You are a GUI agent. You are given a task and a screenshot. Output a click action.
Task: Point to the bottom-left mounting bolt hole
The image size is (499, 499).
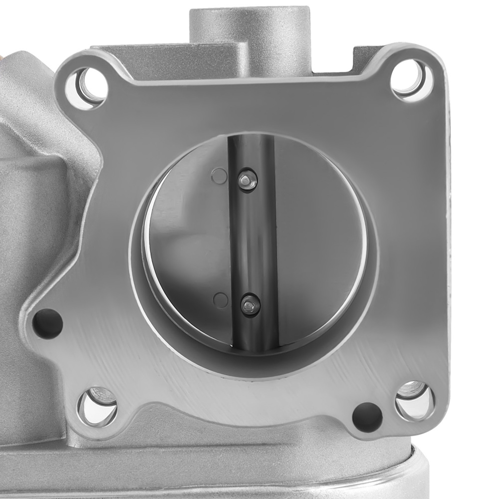tap(97, 405)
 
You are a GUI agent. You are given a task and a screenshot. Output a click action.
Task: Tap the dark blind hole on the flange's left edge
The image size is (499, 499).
tap(47, 323)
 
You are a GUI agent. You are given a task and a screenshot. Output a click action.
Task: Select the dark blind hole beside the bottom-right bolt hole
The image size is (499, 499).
tap(367, 416)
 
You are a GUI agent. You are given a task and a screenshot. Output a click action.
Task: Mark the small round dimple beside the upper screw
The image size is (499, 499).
tap(219, 176)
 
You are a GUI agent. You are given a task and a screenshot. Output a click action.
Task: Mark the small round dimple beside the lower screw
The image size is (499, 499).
tap(220, 299)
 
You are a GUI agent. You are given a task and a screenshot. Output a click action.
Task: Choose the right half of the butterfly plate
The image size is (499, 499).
tap(319, 240)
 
